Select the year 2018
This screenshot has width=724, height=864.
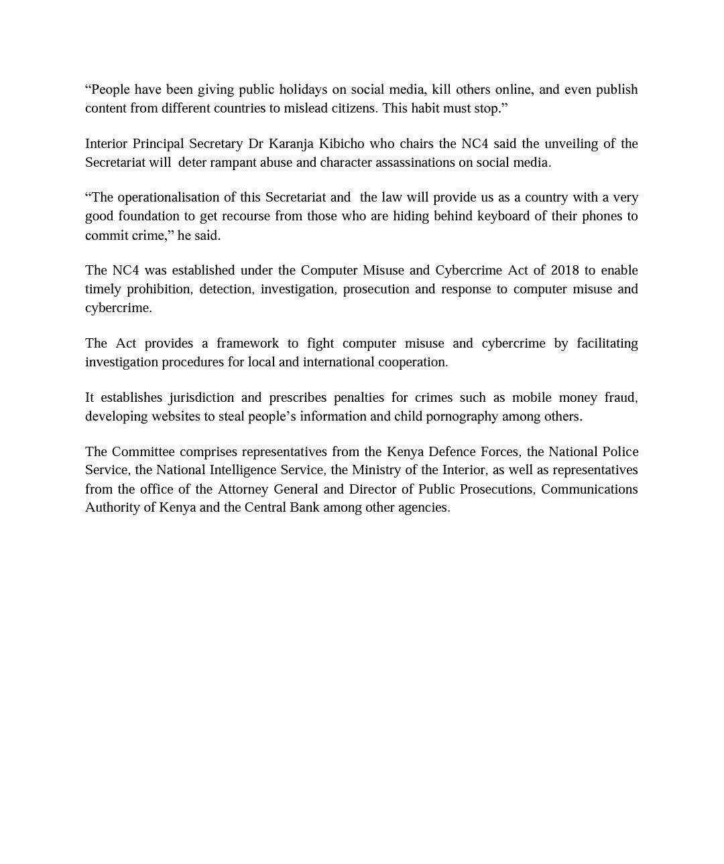[x=564, y=271]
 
